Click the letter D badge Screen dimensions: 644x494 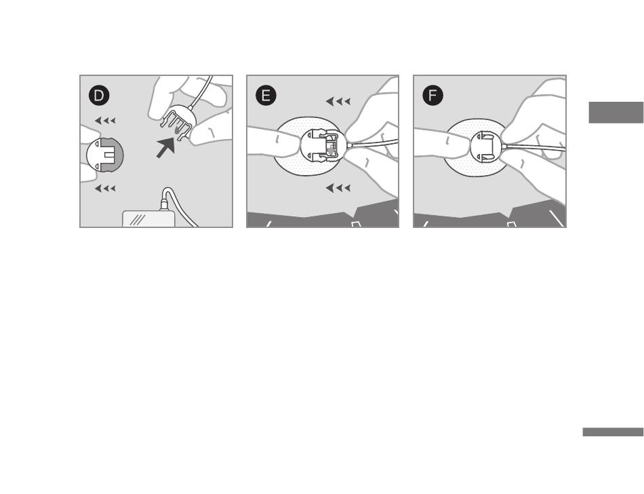[x=99, y=96]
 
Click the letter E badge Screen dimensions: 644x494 [x=266, y=96]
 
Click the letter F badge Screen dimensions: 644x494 [x=432, y=96]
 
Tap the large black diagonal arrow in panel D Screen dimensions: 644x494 [x=165, y=147]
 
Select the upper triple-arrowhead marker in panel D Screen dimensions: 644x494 [x=105, y=121]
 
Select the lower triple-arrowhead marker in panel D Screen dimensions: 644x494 [x=105, y=189]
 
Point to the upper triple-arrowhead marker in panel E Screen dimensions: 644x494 [x=338, y=101]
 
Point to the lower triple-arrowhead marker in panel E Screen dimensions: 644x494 [x=338, y=188]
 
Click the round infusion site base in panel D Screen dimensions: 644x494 [x=104, y=155]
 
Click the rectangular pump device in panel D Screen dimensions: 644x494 [x=148, y=218]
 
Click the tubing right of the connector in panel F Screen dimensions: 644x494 [x=535, y=147]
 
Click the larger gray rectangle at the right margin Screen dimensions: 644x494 [x=616, y=112]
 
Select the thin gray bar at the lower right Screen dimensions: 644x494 [x=613, y=432]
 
